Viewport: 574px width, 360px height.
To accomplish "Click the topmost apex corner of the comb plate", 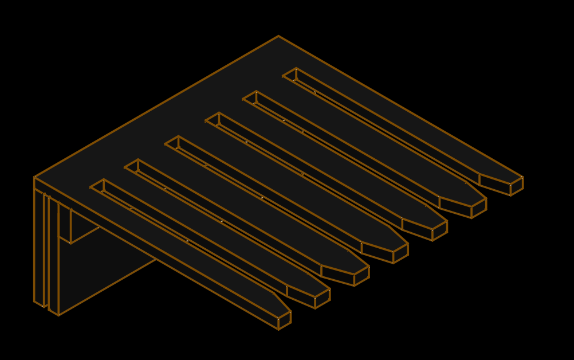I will (x=279, y=37).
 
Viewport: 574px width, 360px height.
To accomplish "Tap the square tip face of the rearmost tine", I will (x=517, y=186).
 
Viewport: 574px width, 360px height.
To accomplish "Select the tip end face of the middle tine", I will (x=400, y=253).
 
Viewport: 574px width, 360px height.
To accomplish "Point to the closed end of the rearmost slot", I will (x=290, y=75).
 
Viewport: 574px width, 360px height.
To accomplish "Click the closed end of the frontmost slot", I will (x=97, y=186).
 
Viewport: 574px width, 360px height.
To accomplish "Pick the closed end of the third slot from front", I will (x=172, y=142).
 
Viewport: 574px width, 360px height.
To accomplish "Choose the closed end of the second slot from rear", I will (x=250, y=97).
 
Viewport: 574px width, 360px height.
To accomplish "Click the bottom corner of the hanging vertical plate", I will (x=58, y=315).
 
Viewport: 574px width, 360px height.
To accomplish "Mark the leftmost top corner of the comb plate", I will (x=34, y=177).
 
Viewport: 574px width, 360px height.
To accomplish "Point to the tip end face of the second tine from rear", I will (x=479, y=208).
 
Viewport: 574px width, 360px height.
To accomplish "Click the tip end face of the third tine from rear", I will (x=439, y=230).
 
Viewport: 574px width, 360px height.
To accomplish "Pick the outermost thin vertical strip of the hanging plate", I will (x=39, y=246).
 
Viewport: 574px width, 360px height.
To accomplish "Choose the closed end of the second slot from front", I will (x=132, y=166).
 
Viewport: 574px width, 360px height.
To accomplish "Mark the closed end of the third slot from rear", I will (x=213, y=119).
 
